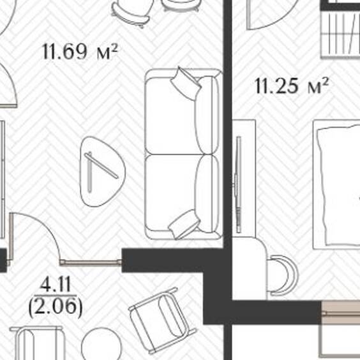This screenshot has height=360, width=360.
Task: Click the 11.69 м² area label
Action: pos(80,52)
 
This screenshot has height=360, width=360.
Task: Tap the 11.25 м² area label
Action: pos(292,86)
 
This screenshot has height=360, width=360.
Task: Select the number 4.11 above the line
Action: pos(56,285)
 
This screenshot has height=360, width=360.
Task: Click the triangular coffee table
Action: pos(101,172)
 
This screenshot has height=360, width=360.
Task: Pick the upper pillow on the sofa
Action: pos(186,83)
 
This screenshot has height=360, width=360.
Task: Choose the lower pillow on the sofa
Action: pos(184,224)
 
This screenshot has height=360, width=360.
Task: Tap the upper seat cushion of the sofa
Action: pos(171,116)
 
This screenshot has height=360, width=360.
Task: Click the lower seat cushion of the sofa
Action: pos(171,193)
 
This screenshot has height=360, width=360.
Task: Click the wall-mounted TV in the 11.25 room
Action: pos(238,184)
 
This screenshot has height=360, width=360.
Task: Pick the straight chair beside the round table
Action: pos(38,343)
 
